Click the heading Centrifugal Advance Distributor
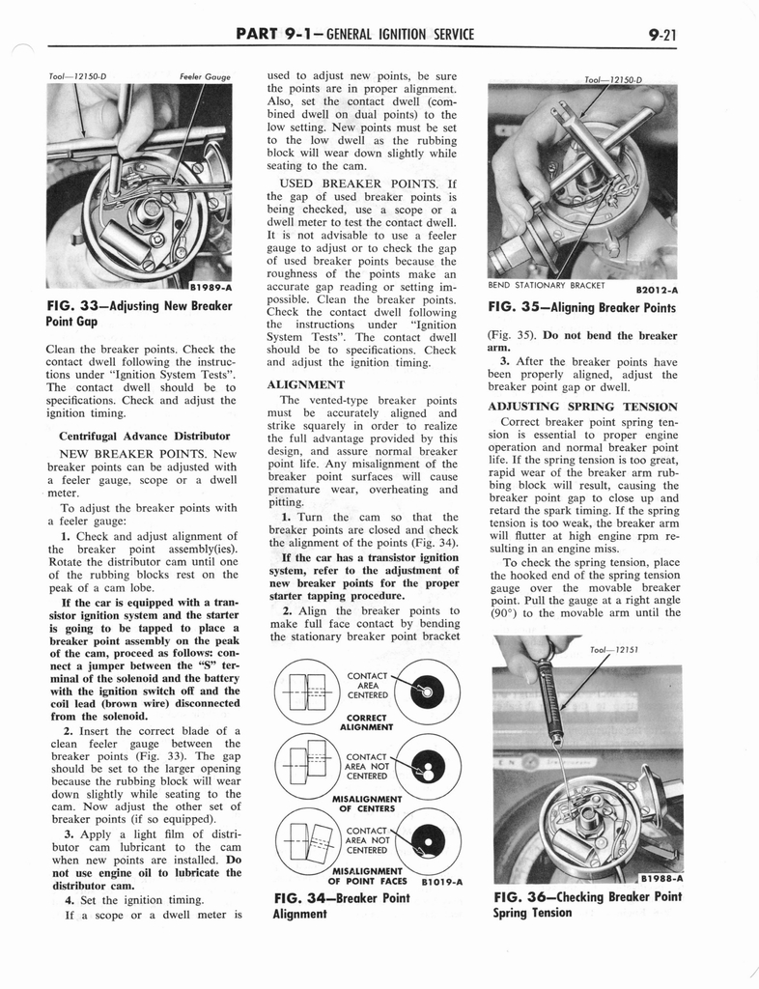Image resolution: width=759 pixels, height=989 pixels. point(144,437)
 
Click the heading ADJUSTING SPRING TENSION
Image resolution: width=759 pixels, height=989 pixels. point(583,406)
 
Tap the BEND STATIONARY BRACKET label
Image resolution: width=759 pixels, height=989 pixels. point(548,285)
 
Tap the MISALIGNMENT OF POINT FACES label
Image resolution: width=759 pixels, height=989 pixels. point(367,875)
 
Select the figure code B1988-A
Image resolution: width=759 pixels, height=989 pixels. point(661,879)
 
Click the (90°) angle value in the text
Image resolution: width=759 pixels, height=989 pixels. point(506,614)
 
